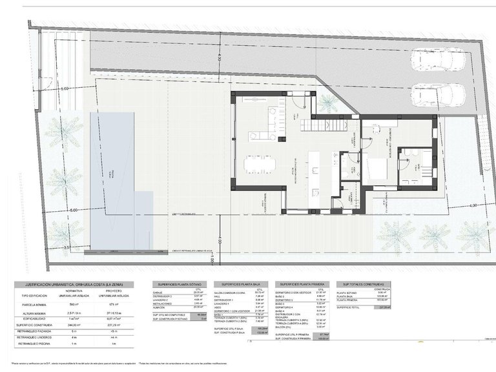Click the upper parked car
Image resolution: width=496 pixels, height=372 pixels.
(x=437, y=60)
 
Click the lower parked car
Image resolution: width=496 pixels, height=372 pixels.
(x=437, y=96)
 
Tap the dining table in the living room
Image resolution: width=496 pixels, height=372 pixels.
(x=259, y=164)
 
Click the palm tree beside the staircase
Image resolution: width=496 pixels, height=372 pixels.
(x=328, y=103)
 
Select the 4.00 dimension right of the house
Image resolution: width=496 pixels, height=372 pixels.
(x=473, y=206)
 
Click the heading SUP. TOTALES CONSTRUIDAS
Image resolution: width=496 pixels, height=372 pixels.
(x=360, y=284)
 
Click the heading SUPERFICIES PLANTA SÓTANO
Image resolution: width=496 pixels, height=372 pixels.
(x=177, y=284)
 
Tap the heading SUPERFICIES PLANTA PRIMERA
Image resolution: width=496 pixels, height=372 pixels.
(x=299, y=284)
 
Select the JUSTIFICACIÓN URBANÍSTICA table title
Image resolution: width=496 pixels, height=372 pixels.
(x=74, y=284)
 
